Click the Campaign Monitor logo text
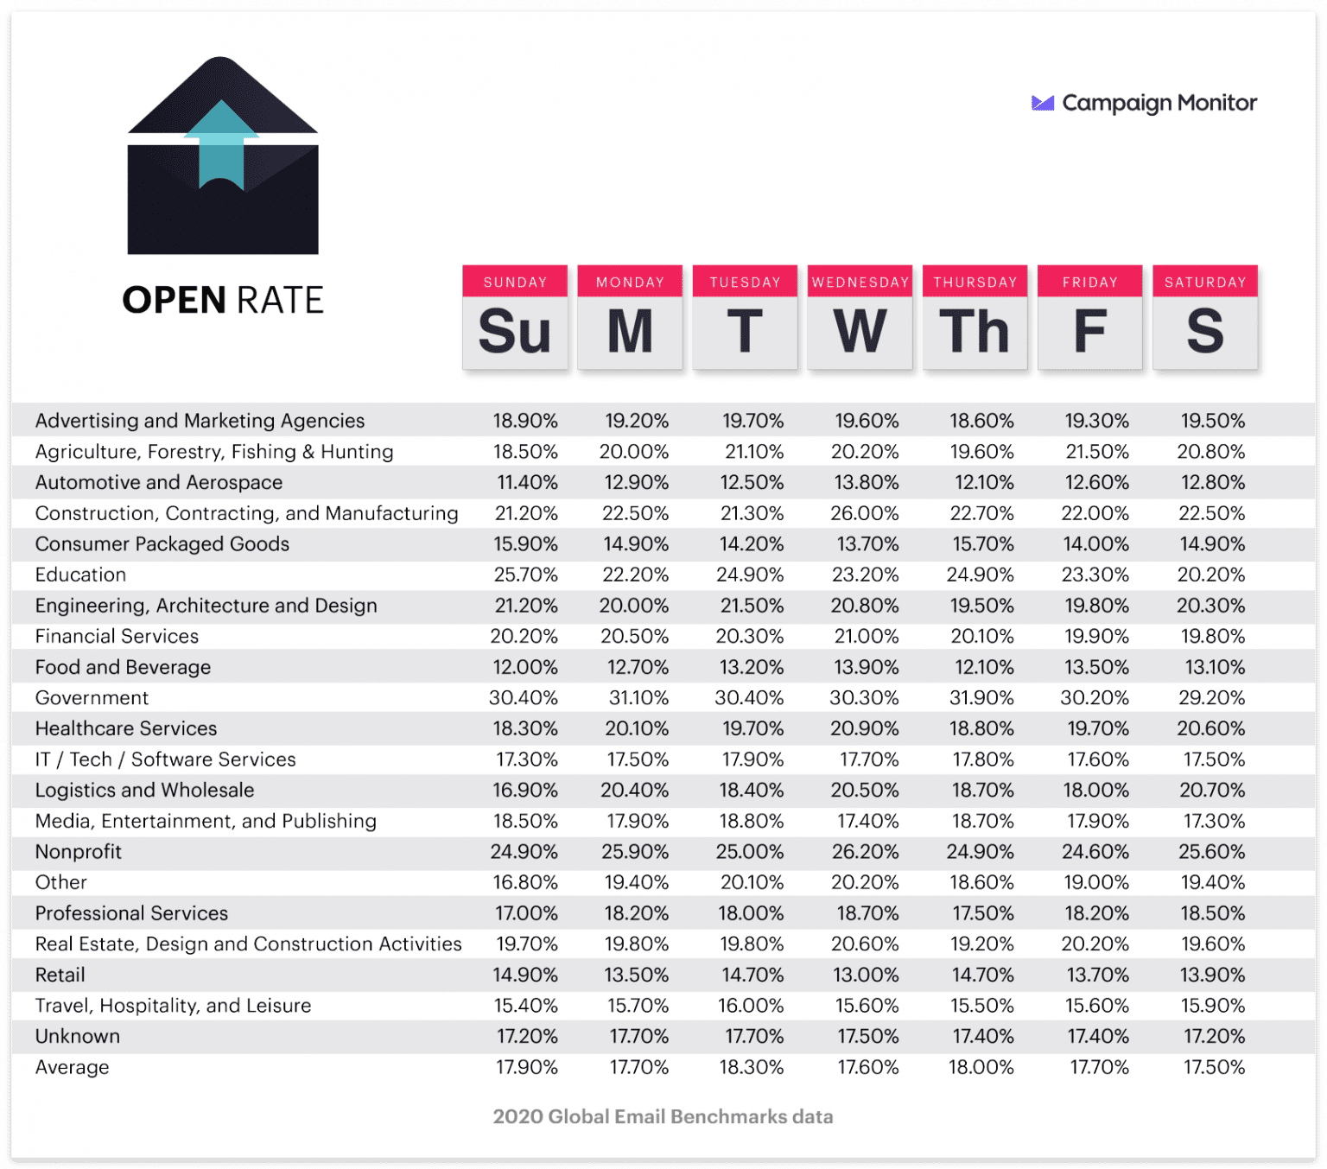[1159, 103]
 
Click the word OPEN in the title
[174, 300]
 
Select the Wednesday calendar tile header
[860, 282]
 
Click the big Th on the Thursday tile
[975, 332]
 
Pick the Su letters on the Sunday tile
[515, 332]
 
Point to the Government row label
[92, 697]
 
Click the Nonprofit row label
[78, 851]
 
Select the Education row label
[80, 575]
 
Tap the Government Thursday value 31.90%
[981, 697]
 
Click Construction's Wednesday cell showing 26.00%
[865, 513]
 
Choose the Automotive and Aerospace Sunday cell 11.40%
[525, 482]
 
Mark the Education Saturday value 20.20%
[1211, 575]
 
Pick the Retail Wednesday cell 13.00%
[866, 975]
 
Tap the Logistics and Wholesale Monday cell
[634, 790]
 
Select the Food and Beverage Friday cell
[1096, 667]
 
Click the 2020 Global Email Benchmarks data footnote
[663, 1116]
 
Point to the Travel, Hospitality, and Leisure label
[173, 1006]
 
